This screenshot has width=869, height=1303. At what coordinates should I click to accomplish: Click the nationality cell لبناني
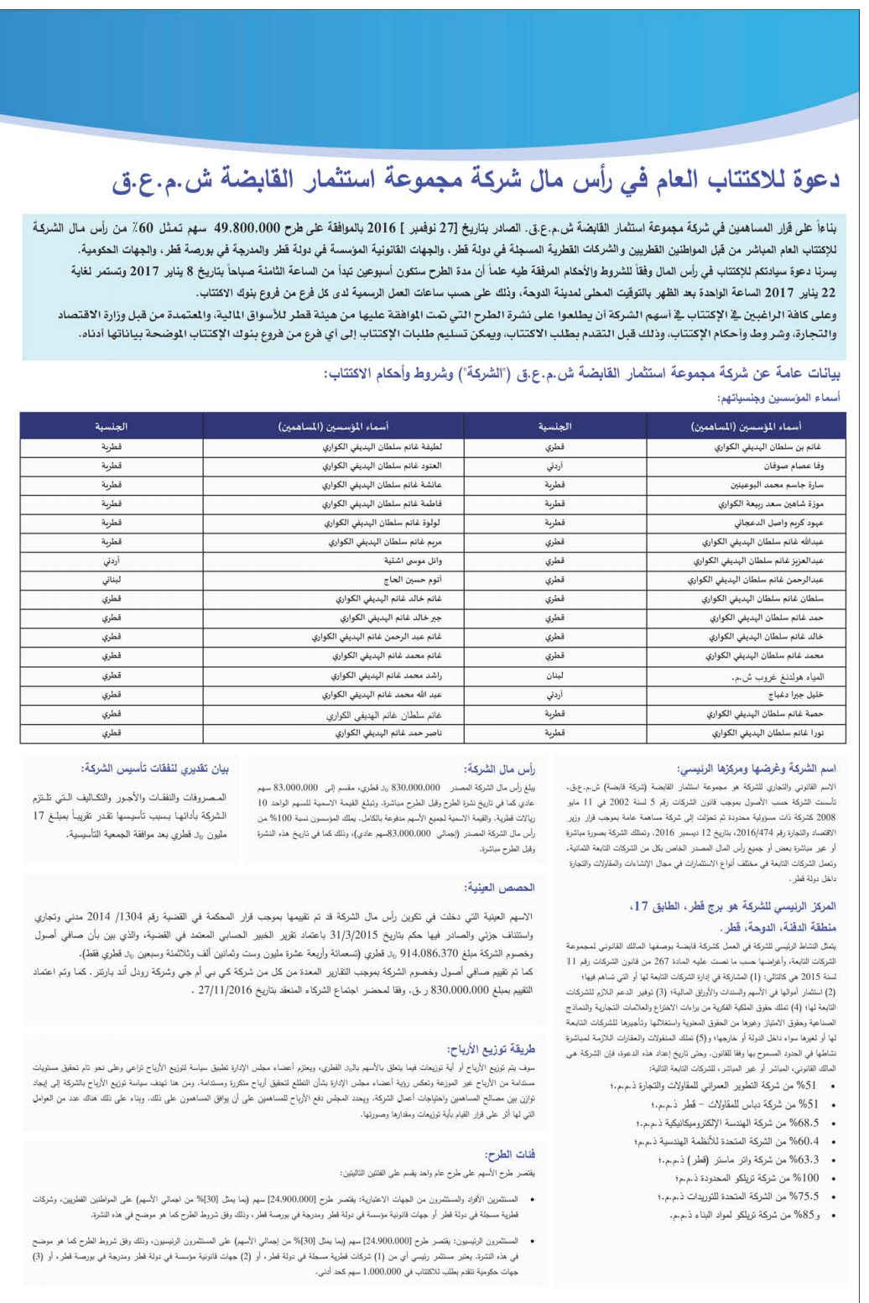pos(112,580)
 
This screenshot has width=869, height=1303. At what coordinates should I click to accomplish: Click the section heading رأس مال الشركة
pos(499,769)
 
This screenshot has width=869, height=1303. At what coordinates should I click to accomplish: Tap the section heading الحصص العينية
pos(499,887)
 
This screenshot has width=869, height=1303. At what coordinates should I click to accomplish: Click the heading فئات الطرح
pos(509,1154)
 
